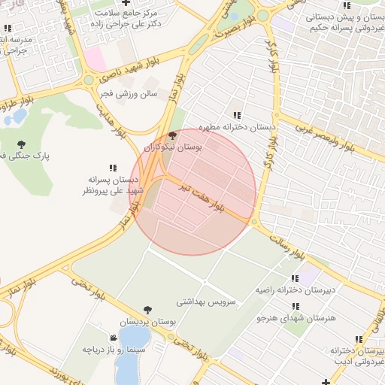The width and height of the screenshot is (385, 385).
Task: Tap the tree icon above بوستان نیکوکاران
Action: coord(172,135)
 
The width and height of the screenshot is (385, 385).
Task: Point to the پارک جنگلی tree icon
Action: coord(20,144)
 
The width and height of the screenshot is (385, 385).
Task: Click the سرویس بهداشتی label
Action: coord(206,302)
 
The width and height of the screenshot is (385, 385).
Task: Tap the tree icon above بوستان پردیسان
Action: coord(147,310)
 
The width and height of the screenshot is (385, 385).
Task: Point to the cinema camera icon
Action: coord(113,338)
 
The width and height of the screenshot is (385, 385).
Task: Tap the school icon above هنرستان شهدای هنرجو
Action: coord(295,306)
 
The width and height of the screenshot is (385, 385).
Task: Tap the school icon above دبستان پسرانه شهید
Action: coord(113,168)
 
